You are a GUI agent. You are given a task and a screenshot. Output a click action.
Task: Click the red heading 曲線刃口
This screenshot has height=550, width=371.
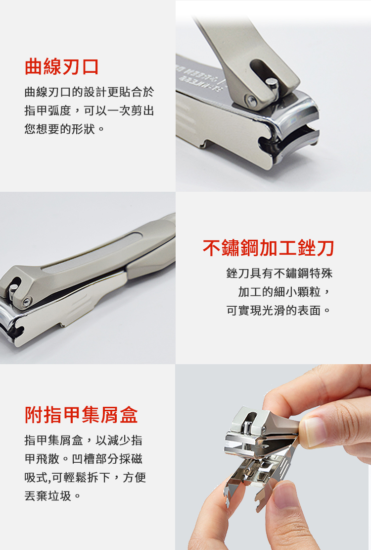[62, 67]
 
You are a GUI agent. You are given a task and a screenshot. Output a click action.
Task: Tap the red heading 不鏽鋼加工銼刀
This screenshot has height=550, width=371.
[268, 248]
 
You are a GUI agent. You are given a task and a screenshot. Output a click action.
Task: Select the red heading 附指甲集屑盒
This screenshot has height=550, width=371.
[81, 415]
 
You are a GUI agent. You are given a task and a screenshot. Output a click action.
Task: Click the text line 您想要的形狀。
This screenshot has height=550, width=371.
[64, 129]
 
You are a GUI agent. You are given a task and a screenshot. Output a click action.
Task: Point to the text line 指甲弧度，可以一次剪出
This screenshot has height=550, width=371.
[90, 110]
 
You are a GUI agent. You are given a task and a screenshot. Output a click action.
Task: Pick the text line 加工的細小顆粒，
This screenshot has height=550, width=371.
[284, 291]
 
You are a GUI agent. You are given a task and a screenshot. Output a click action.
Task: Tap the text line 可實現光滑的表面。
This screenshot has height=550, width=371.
[278, 310]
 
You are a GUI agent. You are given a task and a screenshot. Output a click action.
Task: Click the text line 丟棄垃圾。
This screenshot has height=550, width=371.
[53, 495]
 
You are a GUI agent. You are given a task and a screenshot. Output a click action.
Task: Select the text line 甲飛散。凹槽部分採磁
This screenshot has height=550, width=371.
[84, 458]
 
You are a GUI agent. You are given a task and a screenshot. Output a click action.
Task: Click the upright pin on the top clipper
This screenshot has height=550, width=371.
[272, 87]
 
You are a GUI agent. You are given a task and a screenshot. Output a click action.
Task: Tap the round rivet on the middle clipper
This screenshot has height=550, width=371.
[27, 302]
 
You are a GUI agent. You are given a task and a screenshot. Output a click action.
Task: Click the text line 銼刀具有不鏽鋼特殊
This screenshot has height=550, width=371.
[279, 273]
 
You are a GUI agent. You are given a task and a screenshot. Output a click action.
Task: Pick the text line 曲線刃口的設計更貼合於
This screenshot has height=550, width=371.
[90, 92]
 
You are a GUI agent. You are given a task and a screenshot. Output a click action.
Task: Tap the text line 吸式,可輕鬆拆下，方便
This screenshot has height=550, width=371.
[85, 477]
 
